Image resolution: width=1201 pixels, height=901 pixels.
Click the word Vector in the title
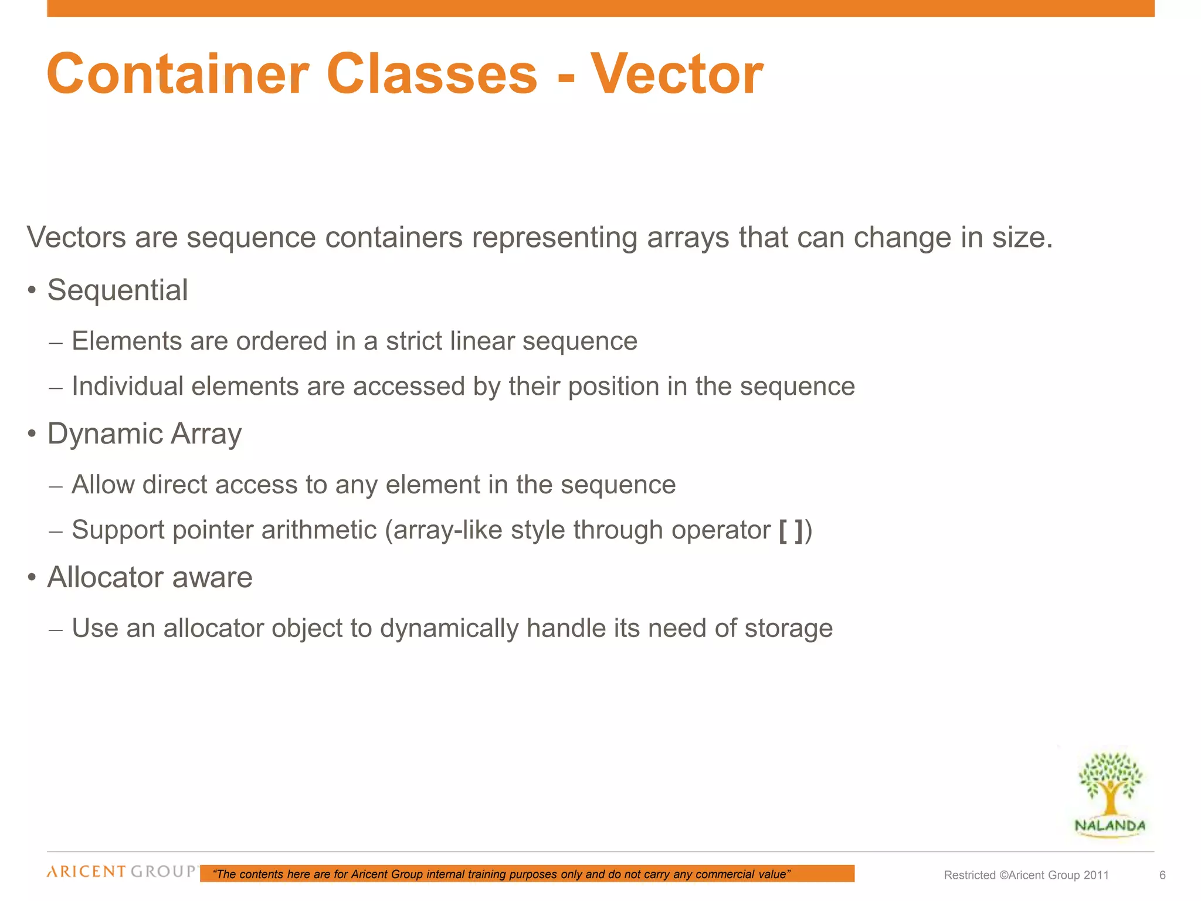pyautogui.click(x=676, y=74)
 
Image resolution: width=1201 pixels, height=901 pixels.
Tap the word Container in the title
pyautogui.click(x=178, y=74)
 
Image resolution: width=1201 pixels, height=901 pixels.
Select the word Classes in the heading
pyautogui.click(x=431, y=74)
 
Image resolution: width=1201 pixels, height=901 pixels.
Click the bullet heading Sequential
pyautogui.click(x=117, y=290)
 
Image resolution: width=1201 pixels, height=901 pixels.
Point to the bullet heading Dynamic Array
pyautogui.click(x=144, y=434)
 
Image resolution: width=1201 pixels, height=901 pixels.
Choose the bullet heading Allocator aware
pyautogui.click(x=150, y=578)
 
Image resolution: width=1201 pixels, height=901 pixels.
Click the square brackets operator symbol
pyautogui.click(x=791, y=530)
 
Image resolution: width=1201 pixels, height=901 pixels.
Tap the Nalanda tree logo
pyautogui.click(x=1110, y=795)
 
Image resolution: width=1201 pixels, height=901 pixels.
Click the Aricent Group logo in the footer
pyautogui.click(x=122, y=872)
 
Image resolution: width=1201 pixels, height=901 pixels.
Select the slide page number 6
pyautogui.click(x=1162, y=875)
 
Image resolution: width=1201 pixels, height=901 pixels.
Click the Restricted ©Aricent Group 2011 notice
pyautogui.click(x=1026, y=875)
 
